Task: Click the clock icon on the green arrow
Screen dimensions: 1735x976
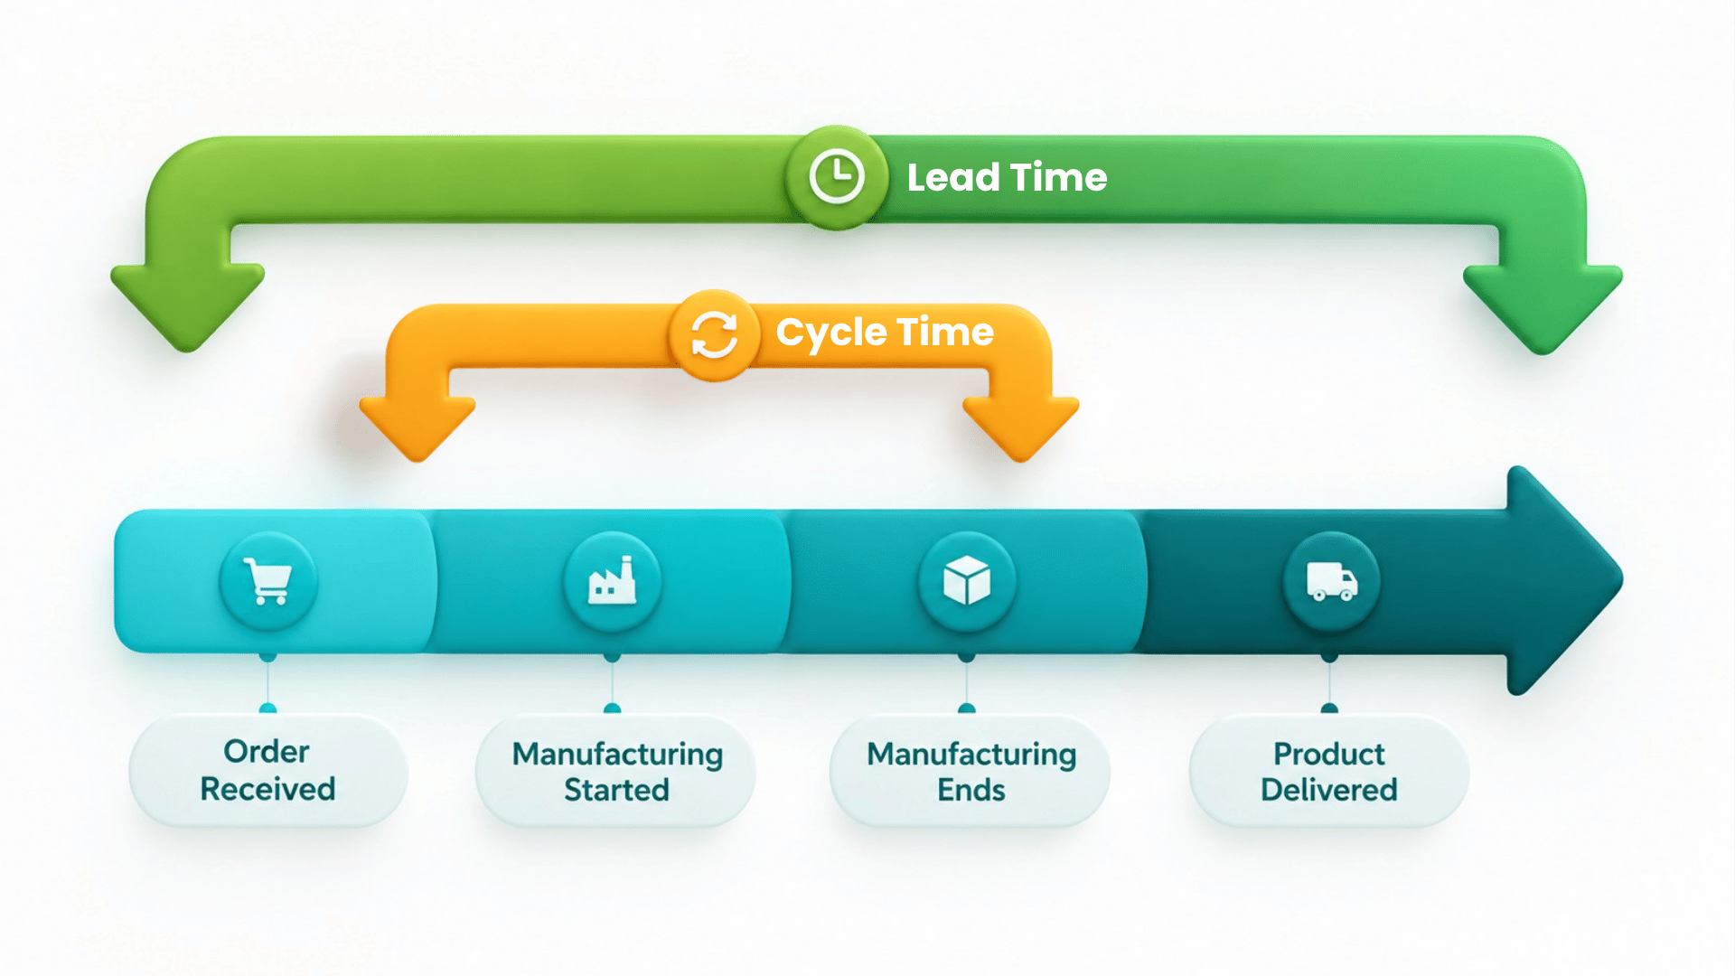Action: pyautogui.click(x=836, y=176)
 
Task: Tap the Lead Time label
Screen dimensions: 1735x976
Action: pyautogui.click(x=1007, y=177)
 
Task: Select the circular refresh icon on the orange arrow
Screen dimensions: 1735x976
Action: pyautogui.click(x=714, y=335)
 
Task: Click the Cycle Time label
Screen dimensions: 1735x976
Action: pyautogui.click(x=885, y=333)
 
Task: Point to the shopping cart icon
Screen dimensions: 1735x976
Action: pyautogui.click(x=267, y=580)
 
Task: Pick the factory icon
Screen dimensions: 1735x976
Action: pyautogui.click(x=612, y=580)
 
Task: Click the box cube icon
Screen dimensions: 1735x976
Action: pyautogui.click(x=967, y=580)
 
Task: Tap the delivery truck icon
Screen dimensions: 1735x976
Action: pyautogui.click(x=1331, y=582)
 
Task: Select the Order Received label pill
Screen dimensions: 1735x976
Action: pyautogui.click(x=268, y=771)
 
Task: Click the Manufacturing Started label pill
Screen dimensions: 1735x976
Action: pyautogui.click(x=616, y=771)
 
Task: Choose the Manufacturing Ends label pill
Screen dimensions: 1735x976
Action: pyautogui.click(x=971, y=771)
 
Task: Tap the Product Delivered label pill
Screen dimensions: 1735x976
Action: pyautogui.click(x=1329, y=771)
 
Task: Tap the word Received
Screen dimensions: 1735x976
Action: pyautogui.click(x=267, y=789)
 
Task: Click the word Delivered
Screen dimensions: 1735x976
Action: pyautogui.click(x=1329, y=790)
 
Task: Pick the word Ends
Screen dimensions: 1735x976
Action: pyautogui.click(x=971, y=790)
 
